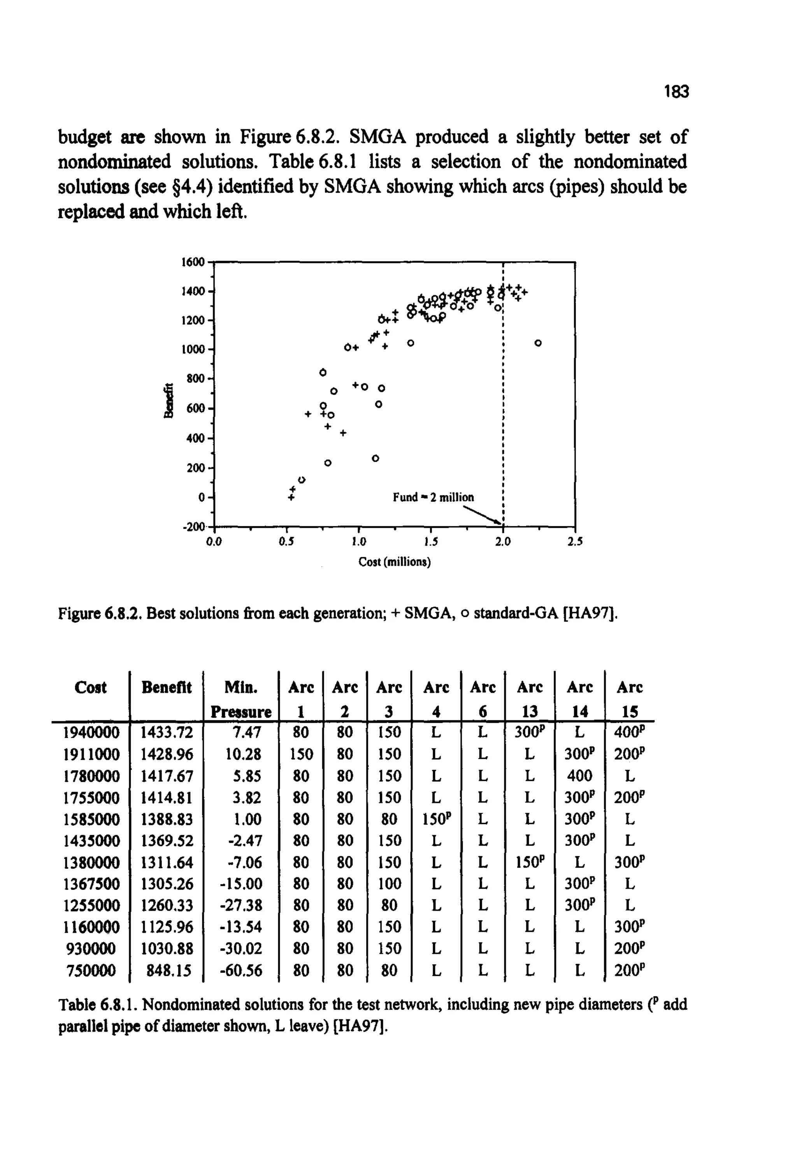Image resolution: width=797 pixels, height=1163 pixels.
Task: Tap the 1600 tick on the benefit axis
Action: click(193, 262)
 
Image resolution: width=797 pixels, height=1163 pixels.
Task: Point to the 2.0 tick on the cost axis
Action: click(503, 541)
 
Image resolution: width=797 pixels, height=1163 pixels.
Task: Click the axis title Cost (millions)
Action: click(395, 562)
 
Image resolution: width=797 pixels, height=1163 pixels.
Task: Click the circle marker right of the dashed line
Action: click(538, 343)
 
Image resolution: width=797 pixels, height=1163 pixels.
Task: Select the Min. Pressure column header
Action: click(241, 699)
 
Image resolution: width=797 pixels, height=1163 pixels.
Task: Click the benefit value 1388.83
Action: click(166, 819)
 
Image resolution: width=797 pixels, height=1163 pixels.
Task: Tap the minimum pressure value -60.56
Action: click(241, 970)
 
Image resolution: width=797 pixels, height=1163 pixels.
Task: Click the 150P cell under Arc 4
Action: click(436, 819)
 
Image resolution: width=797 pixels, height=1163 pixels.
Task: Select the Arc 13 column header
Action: click(530, 699)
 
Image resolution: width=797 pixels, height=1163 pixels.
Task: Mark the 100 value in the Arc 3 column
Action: click(389, 884)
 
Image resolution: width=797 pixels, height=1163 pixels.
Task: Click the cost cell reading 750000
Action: click(91, 970)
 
